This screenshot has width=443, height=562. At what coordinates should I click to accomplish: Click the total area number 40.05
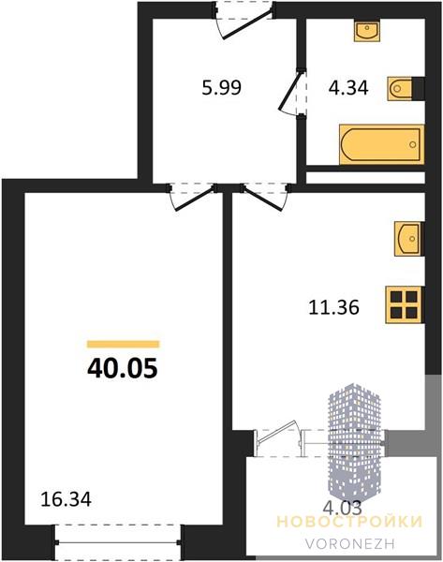tap(122, 368)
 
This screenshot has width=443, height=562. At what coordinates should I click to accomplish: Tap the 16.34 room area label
tap(66, 499)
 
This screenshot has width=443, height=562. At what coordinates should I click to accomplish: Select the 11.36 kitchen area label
tap(333, 307)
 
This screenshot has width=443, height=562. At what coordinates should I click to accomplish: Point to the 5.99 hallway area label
tap(221, 88)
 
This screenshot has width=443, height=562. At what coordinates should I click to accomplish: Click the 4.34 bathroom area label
tap(348, 88)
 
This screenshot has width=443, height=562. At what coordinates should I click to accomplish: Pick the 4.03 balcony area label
tap(342, 507)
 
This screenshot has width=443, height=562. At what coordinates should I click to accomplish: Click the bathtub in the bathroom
tap(382, 144)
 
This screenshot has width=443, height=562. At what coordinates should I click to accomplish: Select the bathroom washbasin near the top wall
tap(366, 31)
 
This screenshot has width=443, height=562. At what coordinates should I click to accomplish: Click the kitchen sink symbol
tap(409, 238)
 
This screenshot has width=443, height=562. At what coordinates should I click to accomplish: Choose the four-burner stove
tap(405, 304)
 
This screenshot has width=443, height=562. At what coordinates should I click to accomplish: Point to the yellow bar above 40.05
tap(124, 345)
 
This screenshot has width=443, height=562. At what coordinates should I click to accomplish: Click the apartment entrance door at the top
tap(244, 20)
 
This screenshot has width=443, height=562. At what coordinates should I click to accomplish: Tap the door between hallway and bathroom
tap(292, 92)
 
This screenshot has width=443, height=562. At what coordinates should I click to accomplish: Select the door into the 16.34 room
tap(193, 197)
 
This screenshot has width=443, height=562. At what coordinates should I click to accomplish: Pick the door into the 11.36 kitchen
tap(265, 197)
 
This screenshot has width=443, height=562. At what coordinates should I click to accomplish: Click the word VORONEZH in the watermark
tap(350, 544)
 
